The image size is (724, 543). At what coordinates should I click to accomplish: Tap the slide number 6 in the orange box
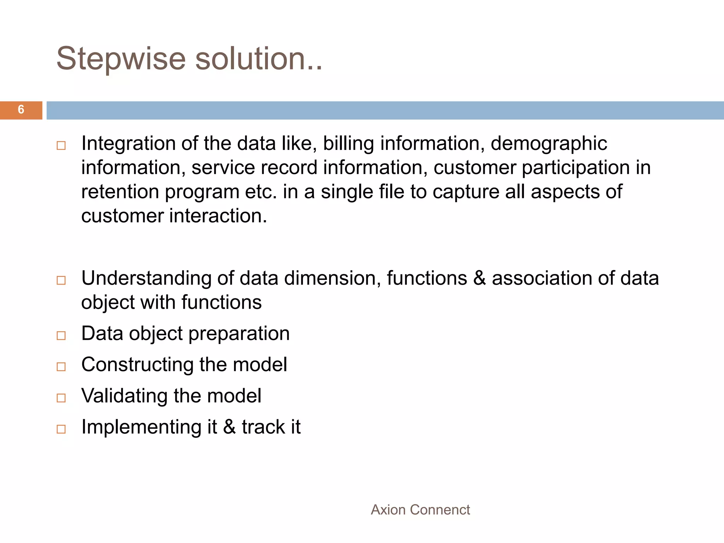tap(21, 110)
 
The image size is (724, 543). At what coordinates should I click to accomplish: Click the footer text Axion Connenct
tap(420, 510)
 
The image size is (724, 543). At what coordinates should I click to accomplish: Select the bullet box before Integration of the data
tap(61, 146)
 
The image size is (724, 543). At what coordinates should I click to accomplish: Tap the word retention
tap(120, 192)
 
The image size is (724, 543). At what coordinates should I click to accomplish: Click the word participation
tap(576, 168)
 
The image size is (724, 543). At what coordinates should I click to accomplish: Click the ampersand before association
tap(479, 278)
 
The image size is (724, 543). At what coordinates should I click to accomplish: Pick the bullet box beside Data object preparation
tap(61, 335)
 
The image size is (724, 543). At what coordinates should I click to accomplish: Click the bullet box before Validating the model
tap(61, 398)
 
